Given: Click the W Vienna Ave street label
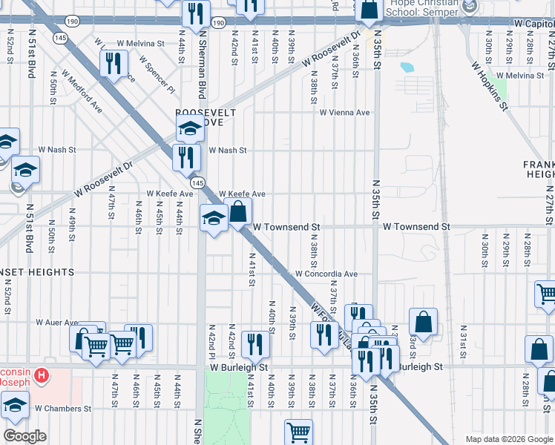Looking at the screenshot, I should pyautogui.click(x=344, y=113).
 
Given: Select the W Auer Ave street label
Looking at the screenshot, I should pyautogui.click(x=57, y=323).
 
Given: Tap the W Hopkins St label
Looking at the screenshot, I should pyautogui.click(x=489, y=85).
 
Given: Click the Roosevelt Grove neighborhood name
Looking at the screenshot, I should pyautogui.click(x=206, y=116).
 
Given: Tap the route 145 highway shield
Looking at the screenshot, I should pyautogui.click(x=197, y=182).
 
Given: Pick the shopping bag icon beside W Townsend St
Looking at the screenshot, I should pyautogui.click(x=238, y=212).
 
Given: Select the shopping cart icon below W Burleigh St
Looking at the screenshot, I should pyautogui.click(x=298, y=431).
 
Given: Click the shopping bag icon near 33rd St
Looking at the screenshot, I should pyautogui.click(x=424, y=322).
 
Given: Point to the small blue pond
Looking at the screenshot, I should pyautogui.click(x=407, y=67).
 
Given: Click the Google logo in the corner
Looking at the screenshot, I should pyautogui.click(x=24, y=436).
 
